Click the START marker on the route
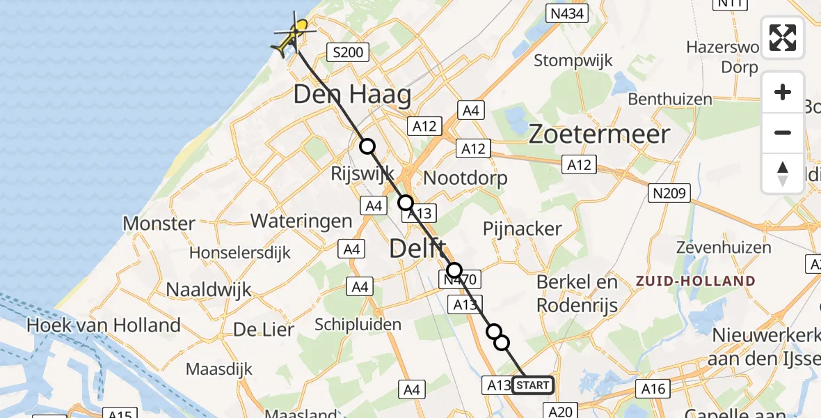coord(533,385)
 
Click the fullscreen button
coord(783,38)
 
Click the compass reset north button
coord(783,173)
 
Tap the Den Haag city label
coord(352,95)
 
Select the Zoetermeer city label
coord(599,134)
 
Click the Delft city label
coord(417,248)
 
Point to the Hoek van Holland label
coord(103,325)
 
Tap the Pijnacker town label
coord(523,229)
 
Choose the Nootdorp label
coord(465,178)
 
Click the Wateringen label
coord(301,222)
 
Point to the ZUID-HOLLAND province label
coord(695,281)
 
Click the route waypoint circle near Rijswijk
coord(367,146)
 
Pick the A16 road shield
coord(653,389)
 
